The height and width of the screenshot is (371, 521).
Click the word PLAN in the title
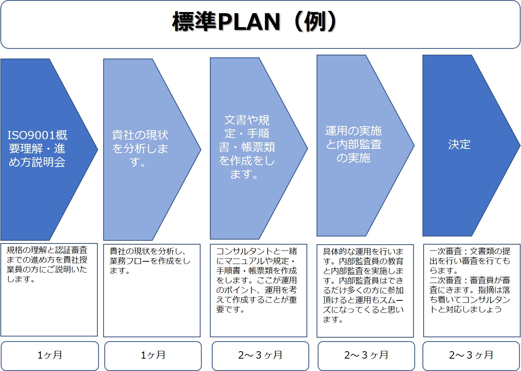pos(249,22)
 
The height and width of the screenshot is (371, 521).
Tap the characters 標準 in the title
pos(195,22)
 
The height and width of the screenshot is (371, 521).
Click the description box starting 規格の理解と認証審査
pos(49,290)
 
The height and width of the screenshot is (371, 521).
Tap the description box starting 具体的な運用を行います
pos(365,291)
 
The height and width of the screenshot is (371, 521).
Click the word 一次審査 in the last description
pos(445,251)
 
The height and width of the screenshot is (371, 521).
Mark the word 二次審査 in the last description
pos(445,280)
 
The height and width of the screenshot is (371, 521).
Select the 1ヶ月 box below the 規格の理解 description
pos(50,356)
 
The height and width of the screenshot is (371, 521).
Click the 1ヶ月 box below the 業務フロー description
pos(153,356)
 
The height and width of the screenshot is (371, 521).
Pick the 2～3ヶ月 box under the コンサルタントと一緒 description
pos(261,356)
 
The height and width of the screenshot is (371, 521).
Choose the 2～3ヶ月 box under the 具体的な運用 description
pos(366,356)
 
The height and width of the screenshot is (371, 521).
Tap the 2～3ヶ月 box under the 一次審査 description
pos(471,356)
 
